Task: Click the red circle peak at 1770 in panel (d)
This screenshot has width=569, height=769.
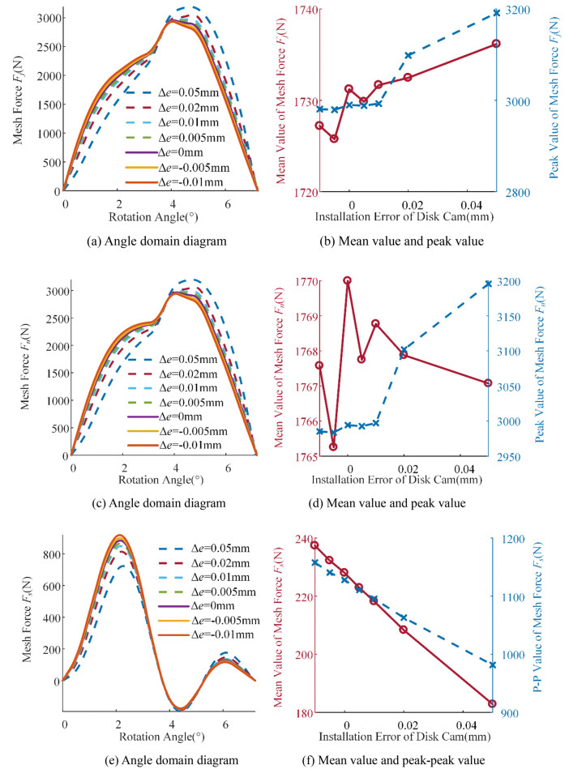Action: point(348,280)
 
